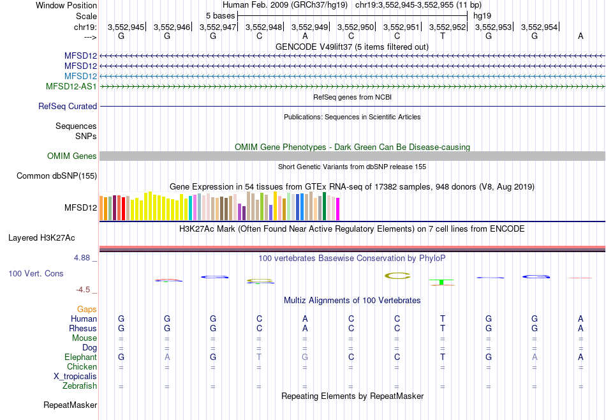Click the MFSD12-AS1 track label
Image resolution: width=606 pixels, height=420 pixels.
(71, 86)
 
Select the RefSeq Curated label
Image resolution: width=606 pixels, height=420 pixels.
(68, 107)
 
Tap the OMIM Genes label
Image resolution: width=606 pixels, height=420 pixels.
(72, 156)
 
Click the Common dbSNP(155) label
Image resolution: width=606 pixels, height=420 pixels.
(57, 176)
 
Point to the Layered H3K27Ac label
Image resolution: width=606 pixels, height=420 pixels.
(41, 238)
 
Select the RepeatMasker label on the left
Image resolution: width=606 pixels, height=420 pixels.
(70, 405)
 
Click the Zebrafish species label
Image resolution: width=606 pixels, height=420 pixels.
(80, 386)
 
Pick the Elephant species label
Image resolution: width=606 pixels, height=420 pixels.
(80, 357)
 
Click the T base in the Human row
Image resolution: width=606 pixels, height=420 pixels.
(443, 319)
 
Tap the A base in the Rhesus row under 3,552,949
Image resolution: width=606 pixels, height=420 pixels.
(305, 328)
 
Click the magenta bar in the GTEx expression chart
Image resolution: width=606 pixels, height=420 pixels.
(337, 209)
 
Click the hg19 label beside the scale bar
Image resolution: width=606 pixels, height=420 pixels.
(482, 15)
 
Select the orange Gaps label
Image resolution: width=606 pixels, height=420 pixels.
(87, 309)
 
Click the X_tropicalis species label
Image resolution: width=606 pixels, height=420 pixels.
(75, 377)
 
